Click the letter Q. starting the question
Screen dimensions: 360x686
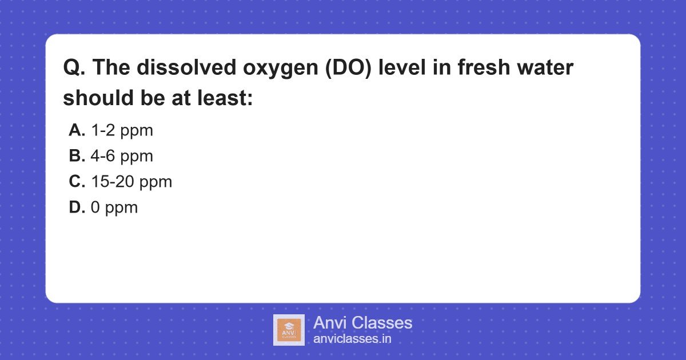[74, 68]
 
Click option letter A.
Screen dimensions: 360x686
[77, 130]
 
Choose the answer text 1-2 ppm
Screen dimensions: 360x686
[122, 130]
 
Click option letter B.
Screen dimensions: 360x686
[77, 156]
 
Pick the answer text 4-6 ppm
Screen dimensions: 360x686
[122, 156]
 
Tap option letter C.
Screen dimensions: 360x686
[77, 182]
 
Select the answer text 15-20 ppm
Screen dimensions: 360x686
[131, 182]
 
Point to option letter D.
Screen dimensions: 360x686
[77, 207]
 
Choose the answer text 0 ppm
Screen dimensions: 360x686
[114, 207]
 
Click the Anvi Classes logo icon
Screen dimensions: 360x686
[289, 330]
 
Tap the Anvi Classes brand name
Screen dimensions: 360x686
[362, 323]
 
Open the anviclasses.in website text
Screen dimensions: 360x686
[352, 339]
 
